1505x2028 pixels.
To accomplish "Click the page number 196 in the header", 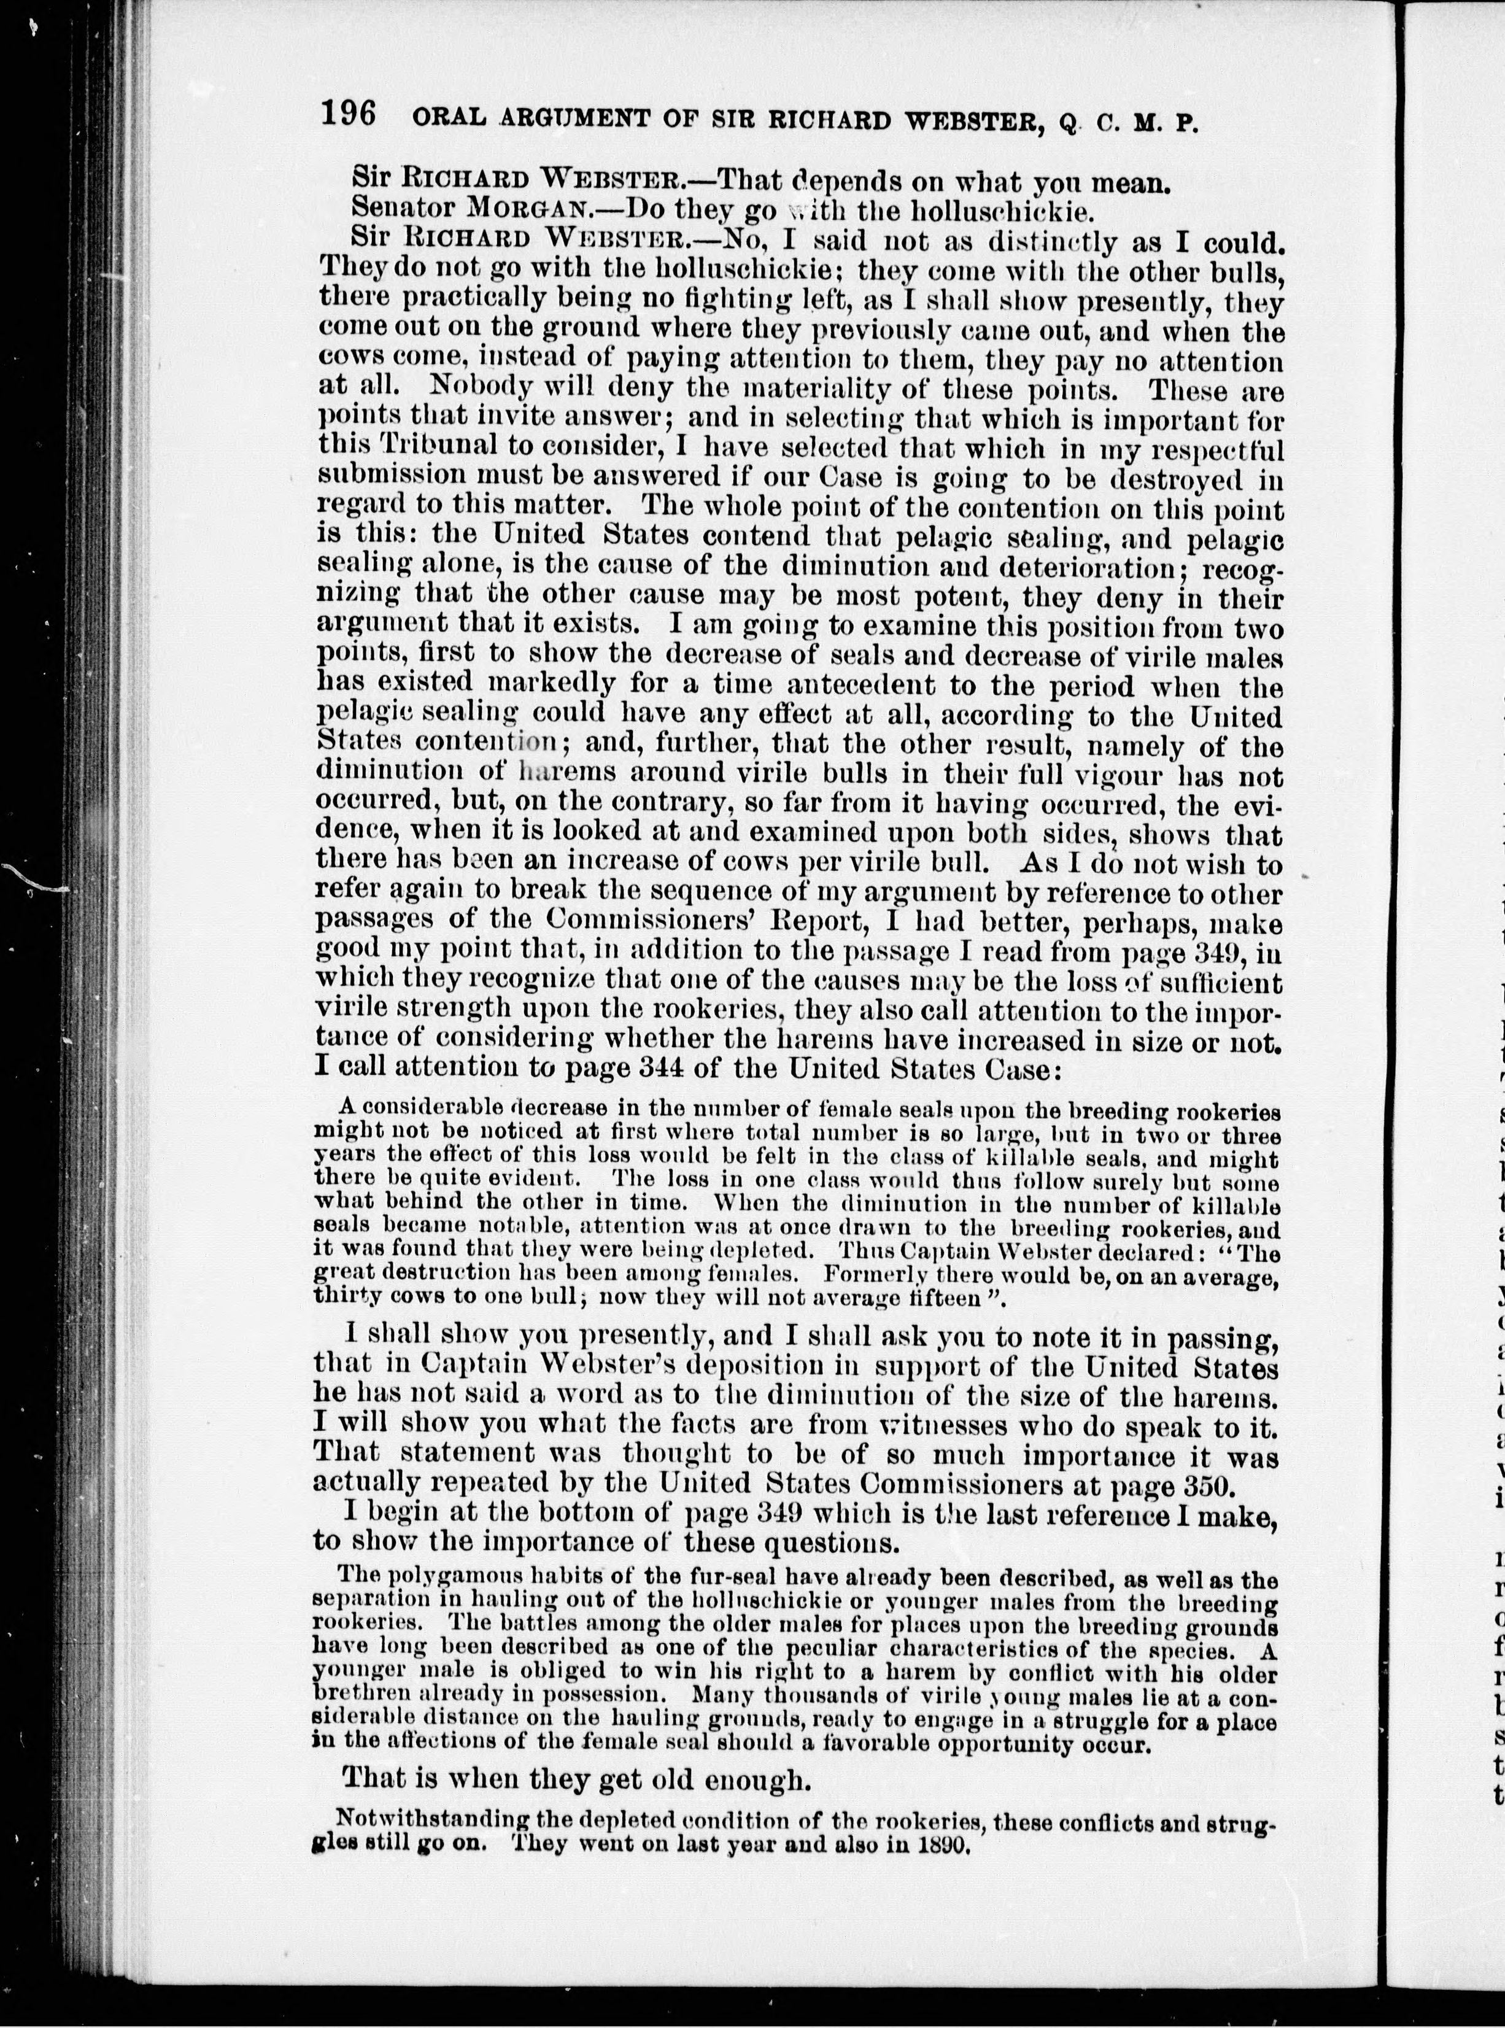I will pos(349,117).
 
